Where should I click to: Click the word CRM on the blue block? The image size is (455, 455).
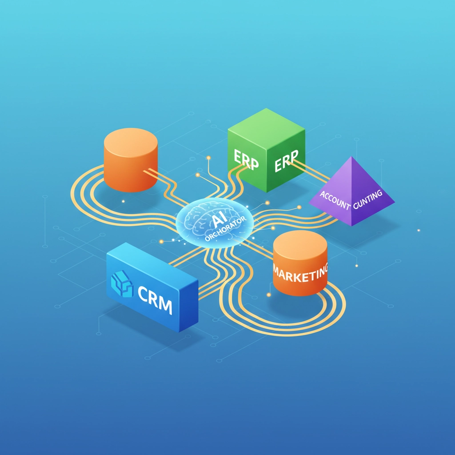[x=155, y=301]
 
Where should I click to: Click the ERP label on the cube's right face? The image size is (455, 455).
[x=287, y=162]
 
